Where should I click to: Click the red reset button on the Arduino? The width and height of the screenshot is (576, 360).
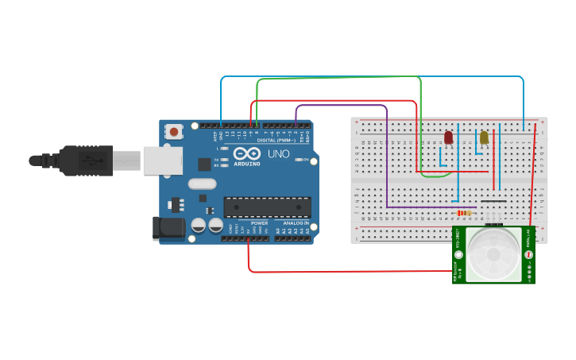pyautogui.click(x=173, y=130)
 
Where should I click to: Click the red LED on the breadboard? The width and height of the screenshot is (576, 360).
pyautogui.click(x=448, y=137)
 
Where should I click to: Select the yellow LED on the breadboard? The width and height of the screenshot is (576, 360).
pyautogui.click(x=484, y=137)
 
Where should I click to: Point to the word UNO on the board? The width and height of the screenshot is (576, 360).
pyautogui.click(x=279, y=153)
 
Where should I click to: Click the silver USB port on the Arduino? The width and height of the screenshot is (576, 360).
pyautogui.click(x=163, y=160)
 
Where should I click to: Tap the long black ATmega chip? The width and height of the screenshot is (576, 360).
pyautogui.click(x=267, y=207)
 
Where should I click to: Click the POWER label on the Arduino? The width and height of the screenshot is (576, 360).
pyautogui.click(x=260, y=223)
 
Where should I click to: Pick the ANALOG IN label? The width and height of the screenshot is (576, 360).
pyautogui.click(x=290, y=223)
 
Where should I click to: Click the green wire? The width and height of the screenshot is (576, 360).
pyautogui.click(x=338, y=78)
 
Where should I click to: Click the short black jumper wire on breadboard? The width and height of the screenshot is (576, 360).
pyautogui.click(x=493, y=201)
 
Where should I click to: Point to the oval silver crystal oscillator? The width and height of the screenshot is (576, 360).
pyautogui.click(x=202, y=184)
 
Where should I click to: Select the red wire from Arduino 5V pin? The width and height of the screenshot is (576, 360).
pyautogui.click(x=342, y=272)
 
